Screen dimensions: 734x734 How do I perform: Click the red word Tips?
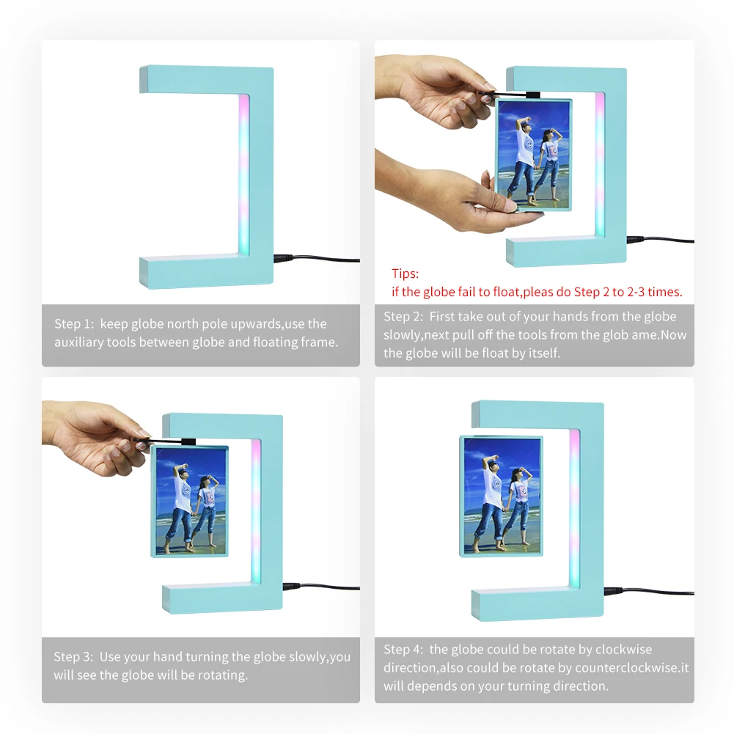[x=405, y=274]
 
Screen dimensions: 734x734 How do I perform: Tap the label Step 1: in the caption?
[x=73, y=324]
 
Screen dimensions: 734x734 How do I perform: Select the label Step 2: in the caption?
[x=403, y=317]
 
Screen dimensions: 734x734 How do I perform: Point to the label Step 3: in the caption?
[x=73, y=657]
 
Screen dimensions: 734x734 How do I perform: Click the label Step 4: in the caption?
[x=403, y=650]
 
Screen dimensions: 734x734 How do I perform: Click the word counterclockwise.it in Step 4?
[x=632, y=668]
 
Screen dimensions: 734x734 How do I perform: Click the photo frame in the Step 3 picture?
[x=189, y=501]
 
